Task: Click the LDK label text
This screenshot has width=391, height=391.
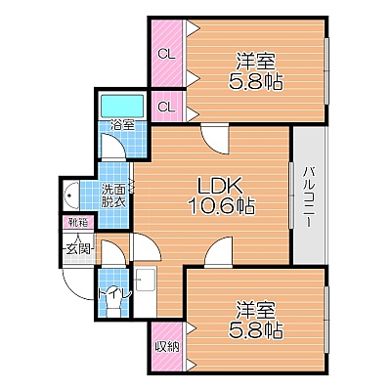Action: tap(220, 187)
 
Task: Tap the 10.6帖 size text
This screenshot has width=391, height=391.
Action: tap(222, 206)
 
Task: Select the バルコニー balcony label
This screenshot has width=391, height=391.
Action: tap(309, 196)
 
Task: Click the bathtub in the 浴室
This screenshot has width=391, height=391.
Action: tap(122, 106)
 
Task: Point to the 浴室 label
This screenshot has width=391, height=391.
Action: tap(122, 124)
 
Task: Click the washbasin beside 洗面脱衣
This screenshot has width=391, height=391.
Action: tap(71, 195)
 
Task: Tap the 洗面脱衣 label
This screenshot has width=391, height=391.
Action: tap(112, 195)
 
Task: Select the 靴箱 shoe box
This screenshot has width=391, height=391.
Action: tap(79, 223)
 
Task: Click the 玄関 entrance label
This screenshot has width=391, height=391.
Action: tap(78, 249)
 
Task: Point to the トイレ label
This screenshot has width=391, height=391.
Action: tap(114, 293)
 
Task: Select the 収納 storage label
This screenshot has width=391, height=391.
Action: tap(167, 347)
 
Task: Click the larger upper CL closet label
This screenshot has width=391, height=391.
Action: tap(167, 55)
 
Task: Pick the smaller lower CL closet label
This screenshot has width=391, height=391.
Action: tap(167, 107)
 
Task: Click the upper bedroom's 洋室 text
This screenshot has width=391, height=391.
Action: tap(256, 62)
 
